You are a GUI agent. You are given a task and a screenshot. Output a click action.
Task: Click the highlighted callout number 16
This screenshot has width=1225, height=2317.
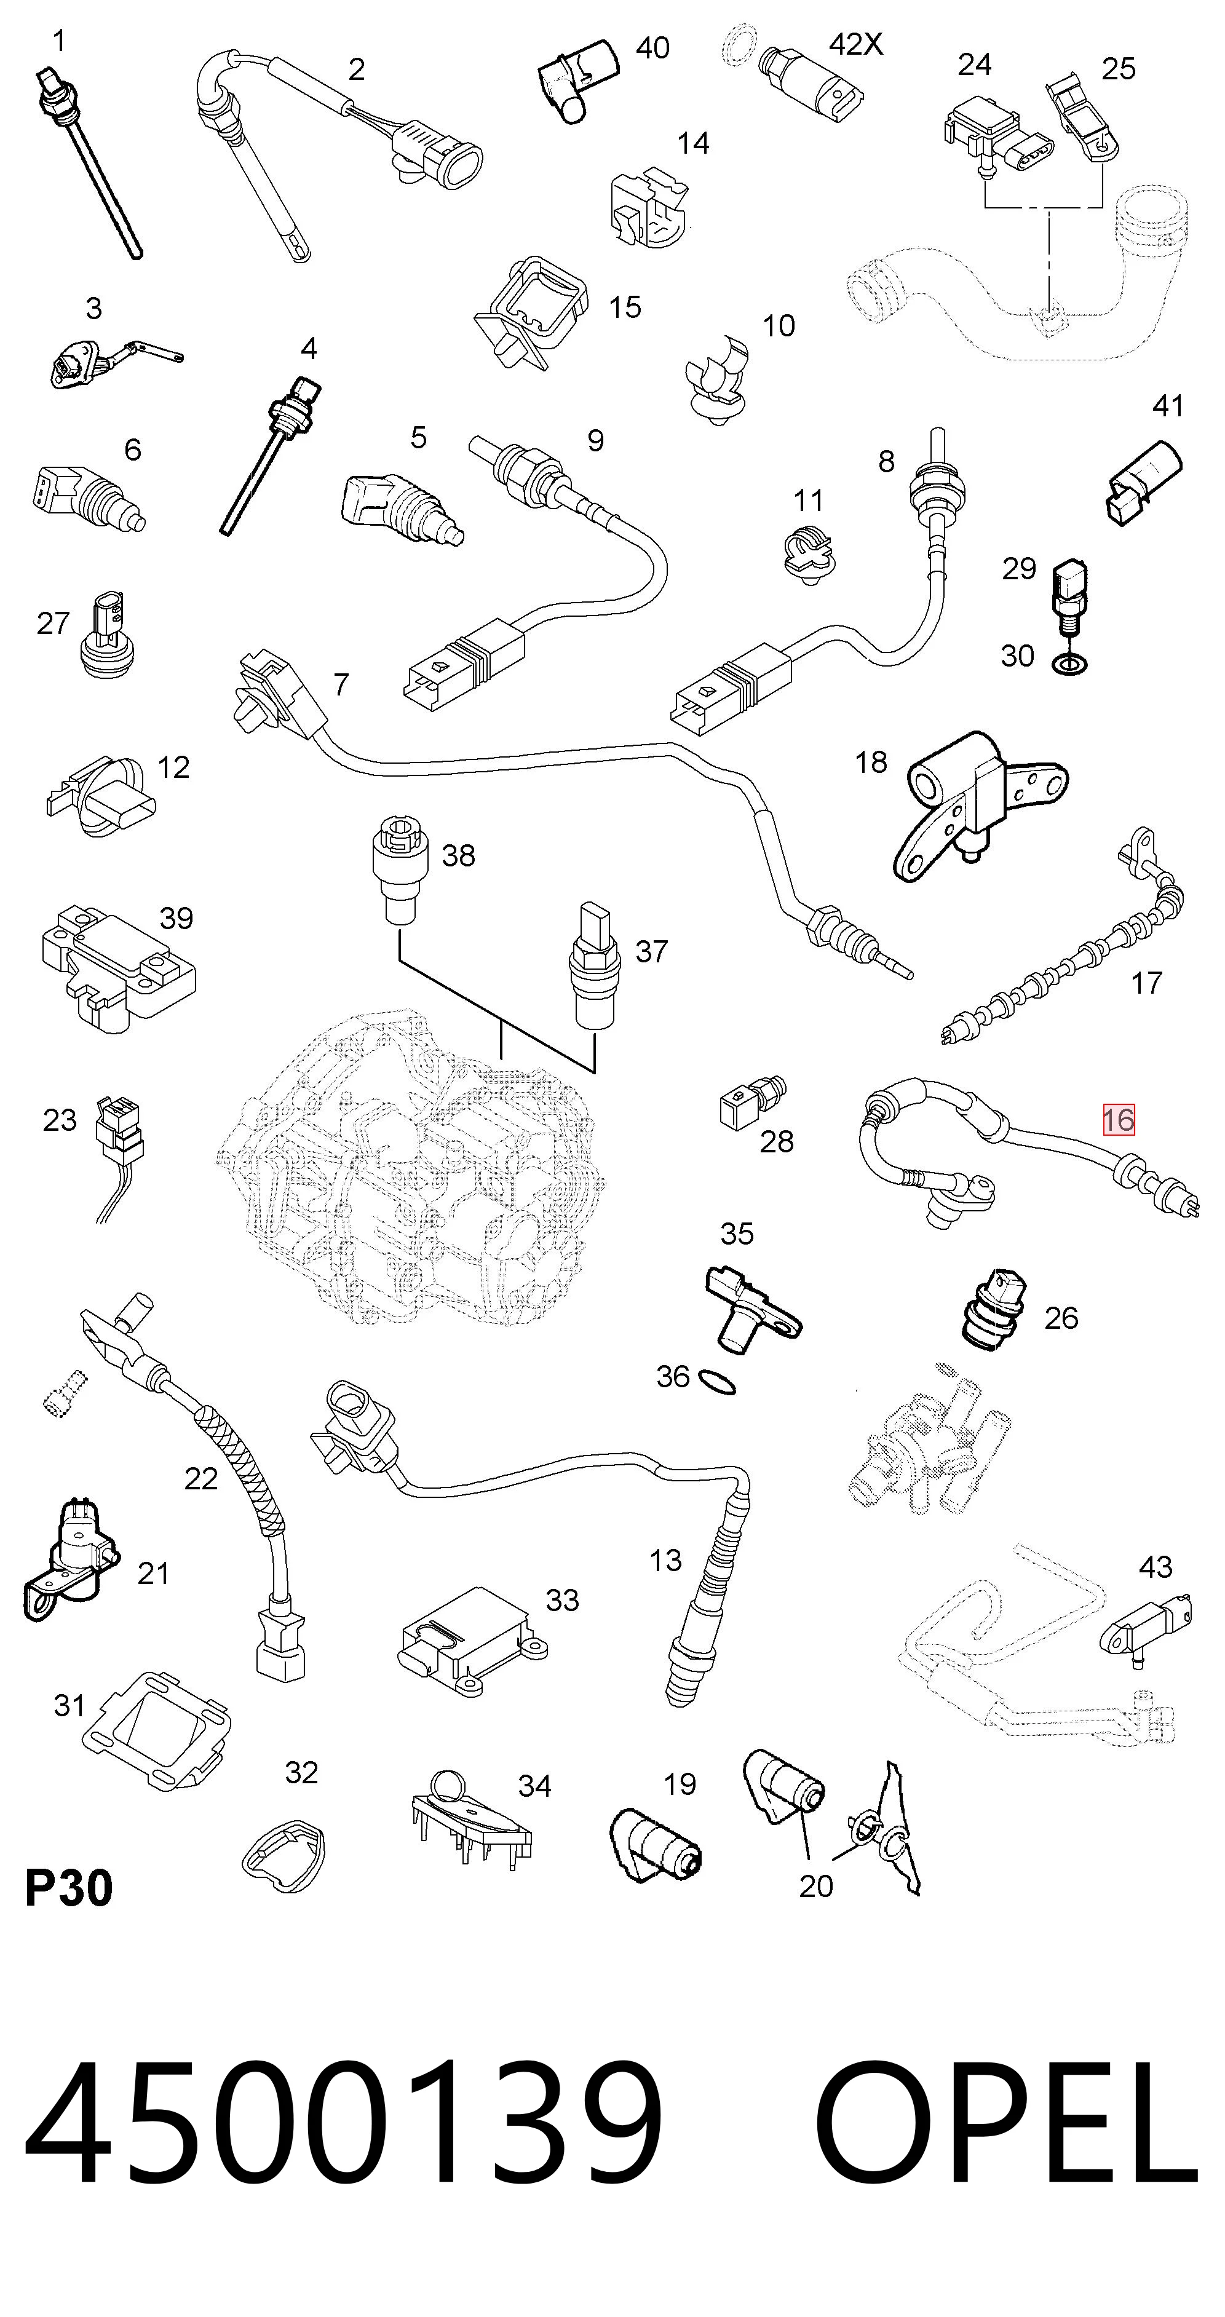[1119, 1120]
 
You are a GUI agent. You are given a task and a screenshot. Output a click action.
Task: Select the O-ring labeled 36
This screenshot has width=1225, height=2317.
[717, 1382]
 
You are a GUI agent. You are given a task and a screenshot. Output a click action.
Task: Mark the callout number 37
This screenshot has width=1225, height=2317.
[651, 951]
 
